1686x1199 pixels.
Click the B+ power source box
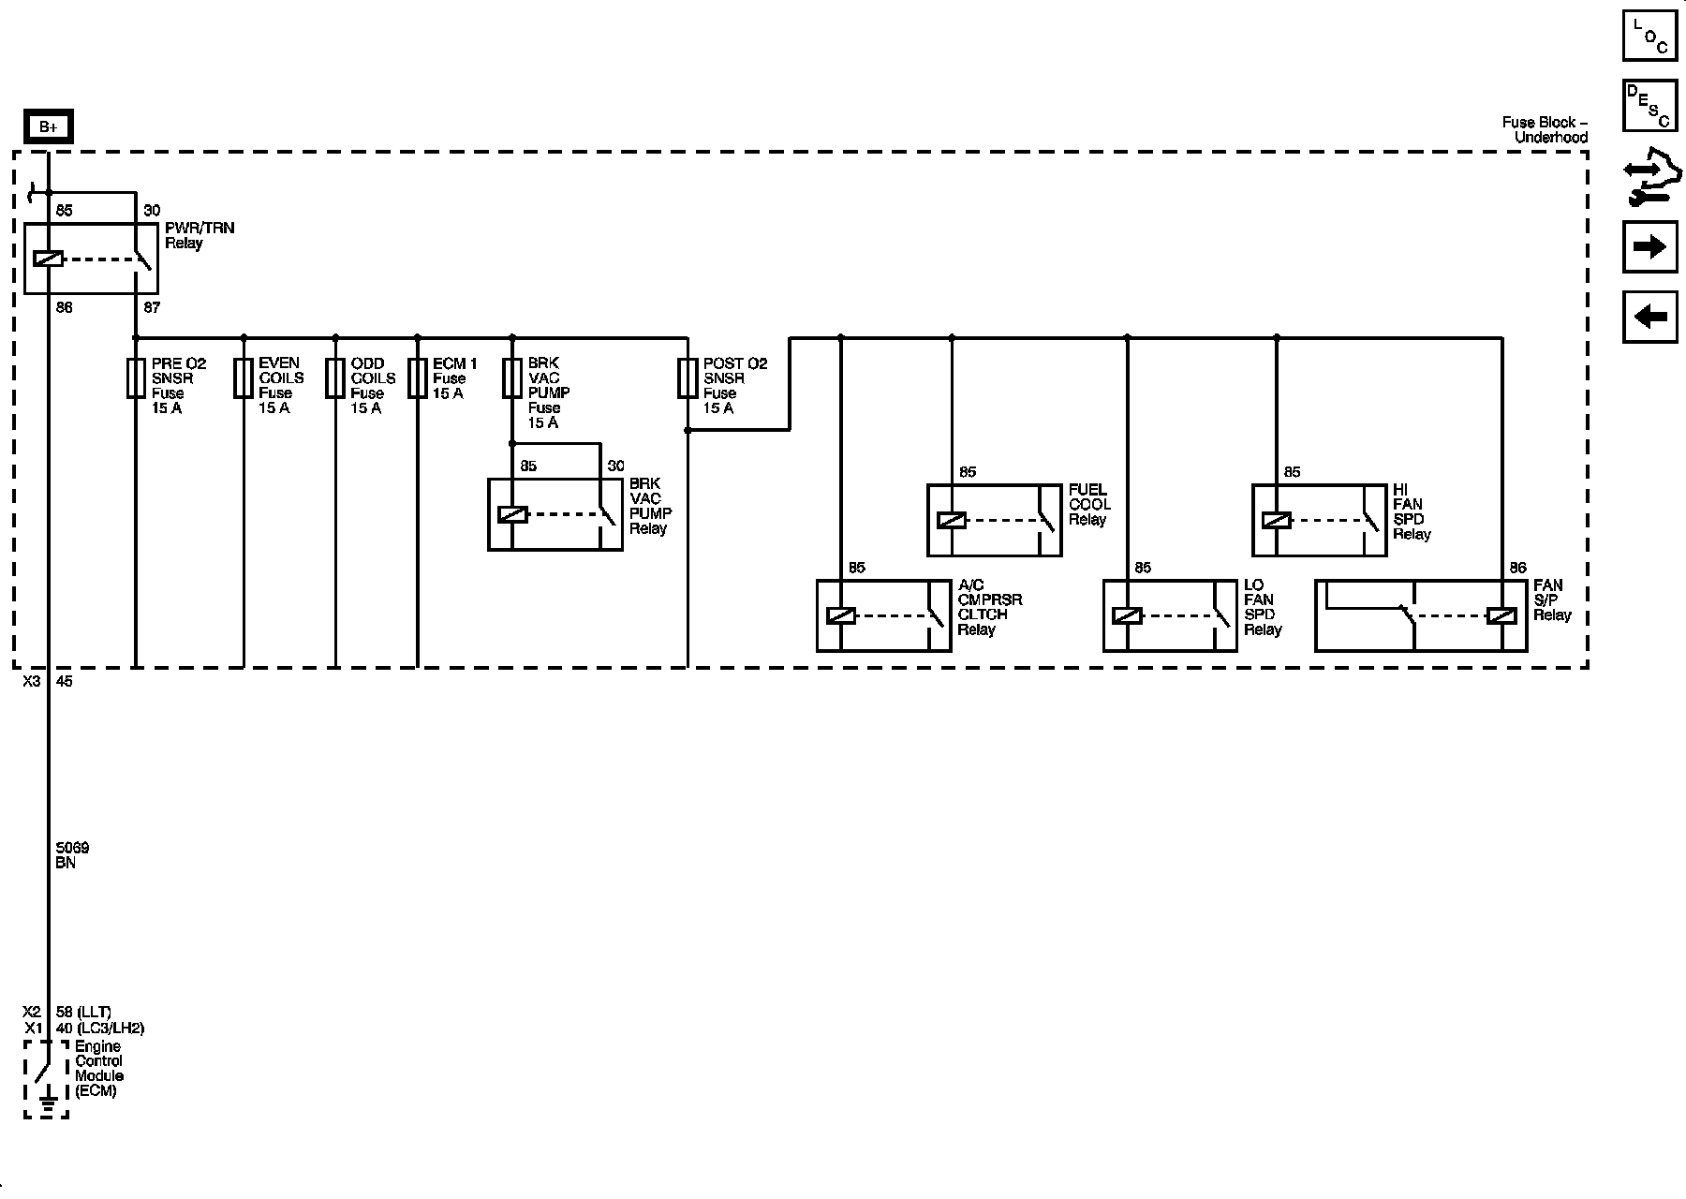click(x=48, y=127)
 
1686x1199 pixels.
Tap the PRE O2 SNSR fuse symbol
click(x=136, y=378)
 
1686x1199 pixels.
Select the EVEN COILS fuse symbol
click(x=244, y=378)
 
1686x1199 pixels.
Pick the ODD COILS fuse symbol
click(x=335, y=378)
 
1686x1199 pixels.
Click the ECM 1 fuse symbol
click(x=417, y=378)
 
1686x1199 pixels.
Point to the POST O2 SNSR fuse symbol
click(x=688, y=378)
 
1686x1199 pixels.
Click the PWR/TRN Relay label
click(x=199, y=235)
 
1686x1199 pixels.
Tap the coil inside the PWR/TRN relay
click(x=48, y=259)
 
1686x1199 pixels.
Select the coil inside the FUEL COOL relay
click(x=952, y=521)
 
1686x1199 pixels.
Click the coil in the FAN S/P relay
click(x=1501, y=615)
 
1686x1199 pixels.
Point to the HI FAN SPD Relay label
click(x=1411, y=511)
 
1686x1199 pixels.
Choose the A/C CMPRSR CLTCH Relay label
click(x=989, y=608)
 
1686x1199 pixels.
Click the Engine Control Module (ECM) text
click(x=98, y=1069)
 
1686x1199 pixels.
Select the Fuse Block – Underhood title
click(x=1545, y=130)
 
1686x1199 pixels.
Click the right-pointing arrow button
click(x=1649, y=246)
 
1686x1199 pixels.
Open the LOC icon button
click(x=1649, y=37)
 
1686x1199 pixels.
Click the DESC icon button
click(x=1649, y=105)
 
